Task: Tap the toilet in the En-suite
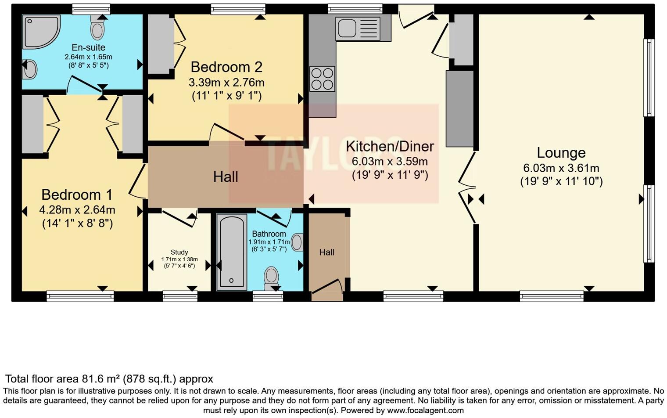point(97,29)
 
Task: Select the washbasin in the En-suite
point(29,69)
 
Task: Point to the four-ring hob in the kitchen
point(322,79)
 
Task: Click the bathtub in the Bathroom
point(232,252)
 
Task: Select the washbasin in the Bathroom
point(298,242)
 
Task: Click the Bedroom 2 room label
point(226,67)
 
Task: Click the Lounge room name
point(561,153)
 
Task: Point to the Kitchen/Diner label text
point(390,146)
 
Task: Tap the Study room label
point(179,252)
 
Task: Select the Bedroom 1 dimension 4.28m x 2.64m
point(77,210)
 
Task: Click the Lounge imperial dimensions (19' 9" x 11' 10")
point(561,181)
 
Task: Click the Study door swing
point(179,218)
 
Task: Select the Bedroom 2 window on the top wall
point(238,9)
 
